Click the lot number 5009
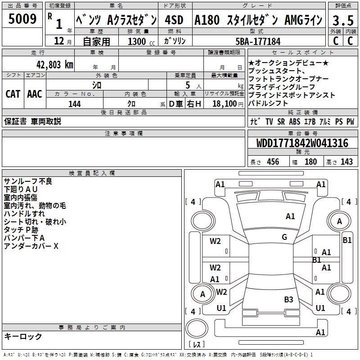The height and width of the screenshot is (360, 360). (22, 19)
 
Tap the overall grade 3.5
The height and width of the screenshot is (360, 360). (343, 20)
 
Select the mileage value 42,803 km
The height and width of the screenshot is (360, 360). (54, 64)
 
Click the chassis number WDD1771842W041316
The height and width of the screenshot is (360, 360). (302, 143)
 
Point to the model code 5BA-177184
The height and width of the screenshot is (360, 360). (258, 41)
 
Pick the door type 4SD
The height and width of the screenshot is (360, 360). (174, 20)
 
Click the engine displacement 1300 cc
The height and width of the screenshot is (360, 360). (141, 41)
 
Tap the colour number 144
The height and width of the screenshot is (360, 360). (75, 104)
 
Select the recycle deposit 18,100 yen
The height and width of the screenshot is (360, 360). (228, 104)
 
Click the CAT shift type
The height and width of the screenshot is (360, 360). (13, 94)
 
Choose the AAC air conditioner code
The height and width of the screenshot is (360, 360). (35, 94)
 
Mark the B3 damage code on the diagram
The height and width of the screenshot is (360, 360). (288, 299)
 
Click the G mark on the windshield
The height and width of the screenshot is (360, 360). (284, 237)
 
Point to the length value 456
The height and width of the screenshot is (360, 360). (273, 162)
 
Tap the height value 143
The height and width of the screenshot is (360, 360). (346, 162)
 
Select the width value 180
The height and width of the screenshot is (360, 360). (310, 162)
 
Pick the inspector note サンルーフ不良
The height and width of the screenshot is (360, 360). (28, 181)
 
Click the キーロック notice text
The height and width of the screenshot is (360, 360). (23, 336)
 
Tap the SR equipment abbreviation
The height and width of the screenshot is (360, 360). (281, 121)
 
